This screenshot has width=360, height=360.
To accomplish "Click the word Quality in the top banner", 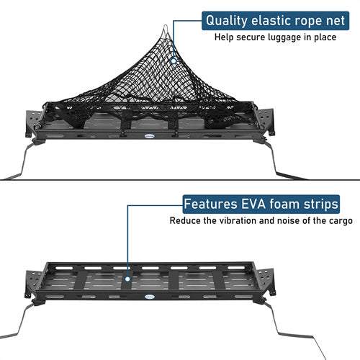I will (226, 21).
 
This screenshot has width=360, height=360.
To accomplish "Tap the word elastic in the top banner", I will (268, 21).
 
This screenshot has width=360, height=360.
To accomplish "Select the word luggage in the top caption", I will (283, 37).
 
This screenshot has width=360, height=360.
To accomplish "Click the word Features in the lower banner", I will (209, 204).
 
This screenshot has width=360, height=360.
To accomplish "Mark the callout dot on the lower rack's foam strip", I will (127, 276).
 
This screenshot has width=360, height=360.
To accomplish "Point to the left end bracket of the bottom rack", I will (34, 282).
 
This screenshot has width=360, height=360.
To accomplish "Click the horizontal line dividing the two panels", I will (180, 180).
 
